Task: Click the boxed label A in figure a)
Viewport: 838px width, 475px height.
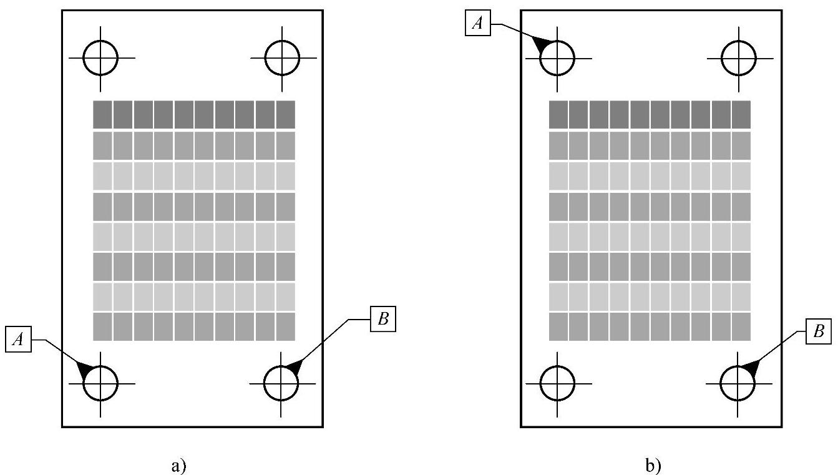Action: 19,339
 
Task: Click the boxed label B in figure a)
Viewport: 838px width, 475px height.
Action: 382,320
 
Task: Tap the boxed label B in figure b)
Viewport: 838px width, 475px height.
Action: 818,332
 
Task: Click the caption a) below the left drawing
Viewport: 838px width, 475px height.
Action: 178,465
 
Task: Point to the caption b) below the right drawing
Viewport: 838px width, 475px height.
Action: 653,465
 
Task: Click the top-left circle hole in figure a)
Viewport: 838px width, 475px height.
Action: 101,57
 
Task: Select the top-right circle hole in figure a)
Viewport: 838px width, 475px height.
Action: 282,57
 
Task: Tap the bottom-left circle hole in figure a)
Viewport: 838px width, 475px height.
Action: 100,382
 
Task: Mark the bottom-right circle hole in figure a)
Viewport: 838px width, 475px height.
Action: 281,382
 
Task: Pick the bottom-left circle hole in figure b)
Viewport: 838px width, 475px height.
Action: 557,382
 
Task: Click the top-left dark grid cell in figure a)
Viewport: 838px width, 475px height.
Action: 102,114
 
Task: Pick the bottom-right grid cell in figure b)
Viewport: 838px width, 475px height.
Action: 741,326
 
